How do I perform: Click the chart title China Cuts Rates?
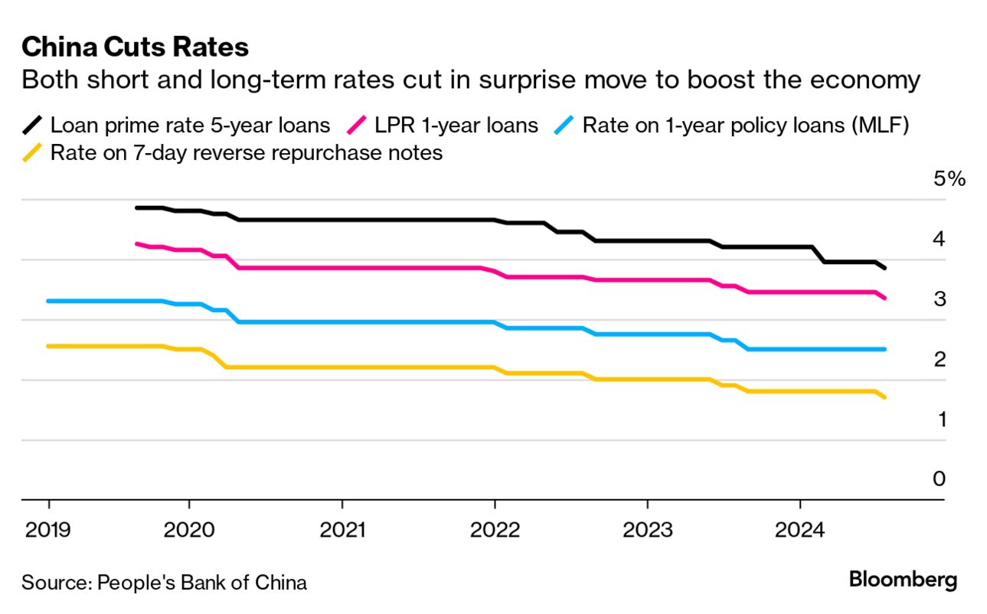click(135, 47)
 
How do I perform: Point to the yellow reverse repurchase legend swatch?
click(34, 153)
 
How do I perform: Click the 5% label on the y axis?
click(949, 180)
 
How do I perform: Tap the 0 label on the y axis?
click(939, 479)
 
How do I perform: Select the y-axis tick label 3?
click(939, 299)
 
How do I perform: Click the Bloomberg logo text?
click(903, 580)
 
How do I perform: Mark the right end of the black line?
click(885, 268)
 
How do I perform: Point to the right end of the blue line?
click(884, 349)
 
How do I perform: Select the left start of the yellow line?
click(49, 347)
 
